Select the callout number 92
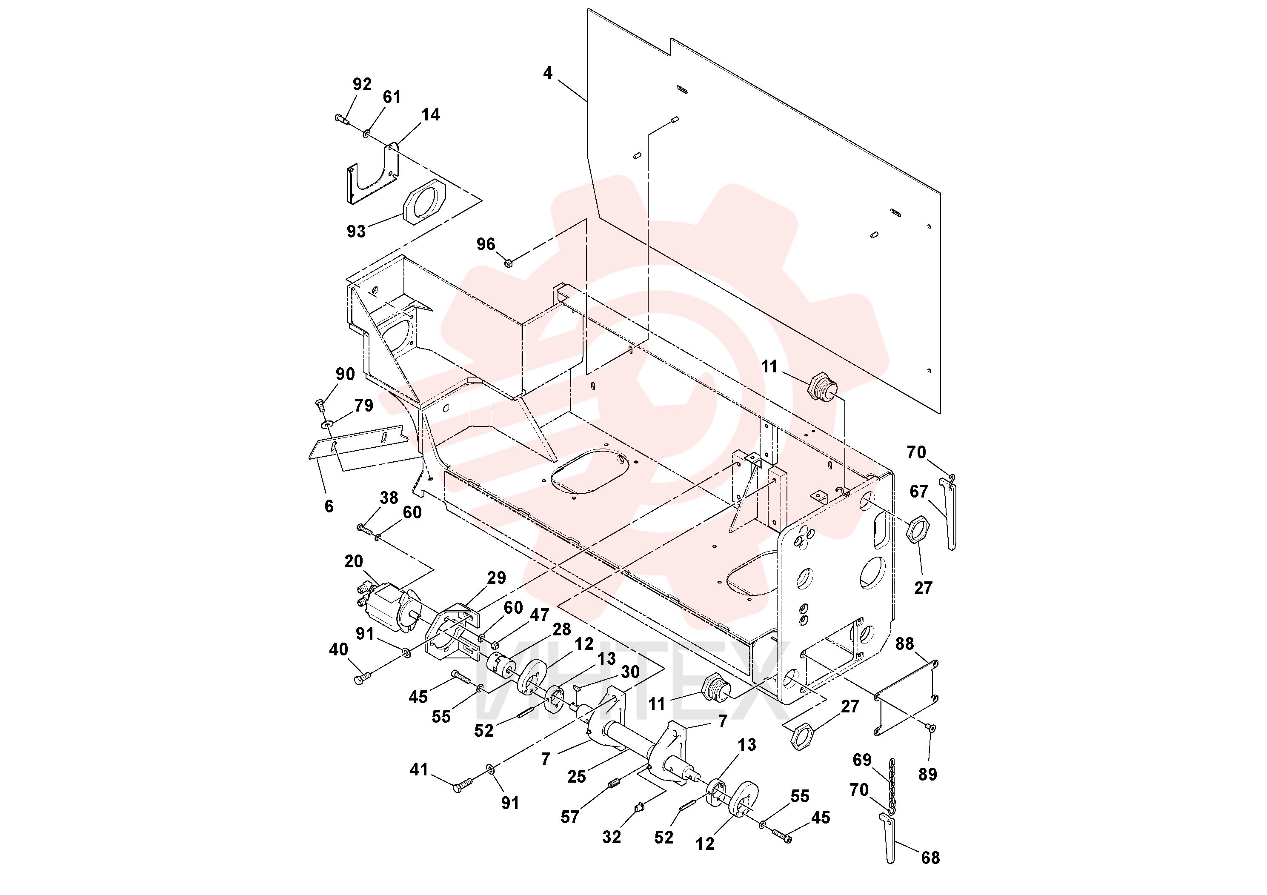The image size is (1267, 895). click(x=362, y=84)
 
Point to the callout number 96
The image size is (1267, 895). click(x=486, y=244)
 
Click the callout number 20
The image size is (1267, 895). click(x=354, y=562)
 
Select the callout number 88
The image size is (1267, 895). click(x=904, y=644)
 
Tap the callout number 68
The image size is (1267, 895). click(x=930, y=858)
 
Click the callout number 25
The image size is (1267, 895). click(x=577, y=777)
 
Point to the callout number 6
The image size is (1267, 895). click(x=329, y=506)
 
